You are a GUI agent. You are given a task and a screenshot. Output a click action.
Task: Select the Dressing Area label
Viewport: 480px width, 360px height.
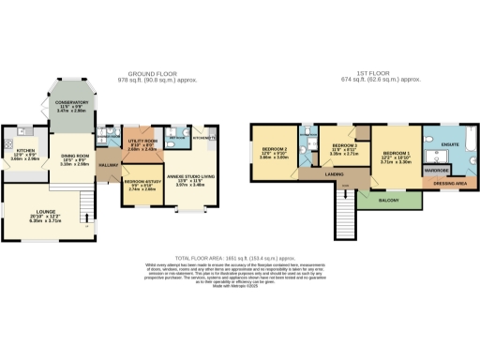click(452, 185)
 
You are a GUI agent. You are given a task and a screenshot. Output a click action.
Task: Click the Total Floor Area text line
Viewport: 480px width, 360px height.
click(239, 257)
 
